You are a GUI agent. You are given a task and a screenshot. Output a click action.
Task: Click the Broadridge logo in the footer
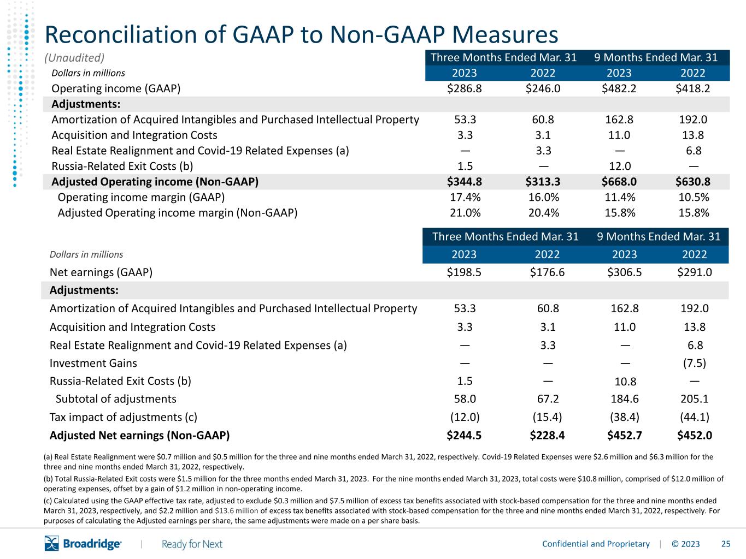tap(83, 544)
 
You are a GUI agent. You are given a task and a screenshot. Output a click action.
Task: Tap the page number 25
tap(726, 544)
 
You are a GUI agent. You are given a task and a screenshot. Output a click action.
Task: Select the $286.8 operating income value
tap(464, 88)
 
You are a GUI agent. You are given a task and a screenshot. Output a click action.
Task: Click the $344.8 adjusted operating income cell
tap(464, 182)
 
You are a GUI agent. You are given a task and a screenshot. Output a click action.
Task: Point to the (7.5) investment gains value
tap(694, 363)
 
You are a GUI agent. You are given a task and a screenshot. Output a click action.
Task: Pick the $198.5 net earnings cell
tap(464, 272)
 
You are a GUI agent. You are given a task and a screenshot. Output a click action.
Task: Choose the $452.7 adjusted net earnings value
tap(624, 435)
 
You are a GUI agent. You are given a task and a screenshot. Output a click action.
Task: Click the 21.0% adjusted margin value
tap(465, 213)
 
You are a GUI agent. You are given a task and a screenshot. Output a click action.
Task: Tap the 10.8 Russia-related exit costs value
tap(625, 382)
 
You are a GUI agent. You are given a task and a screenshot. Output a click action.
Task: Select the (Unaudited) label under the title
tap(74, 58)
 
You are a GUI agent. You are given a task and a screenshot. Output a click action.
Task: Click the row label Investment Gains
tap(93, 363)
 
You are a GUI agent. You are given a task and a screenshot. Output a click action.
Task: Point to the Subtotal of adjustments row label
tap(116, 399)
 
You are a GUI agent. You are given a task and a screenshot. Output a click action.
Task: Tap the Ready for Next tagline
tap(192, 544)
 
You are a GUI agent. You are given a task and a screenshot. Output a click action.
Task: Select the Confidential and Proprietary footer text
tap(596, 544)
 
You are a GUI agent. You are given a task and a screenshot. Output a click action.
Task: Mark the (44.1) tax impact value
tap(694, 417)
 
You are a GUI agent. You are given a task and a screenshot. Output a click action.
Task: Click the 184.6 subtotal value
tap(625, 399)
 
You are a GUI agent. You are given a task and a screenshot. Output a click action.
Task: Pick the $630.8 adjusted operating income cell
tap(692, 182)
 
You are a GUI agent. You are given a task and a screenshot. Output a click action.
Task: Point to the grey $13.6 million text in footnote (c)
tap(236, 510)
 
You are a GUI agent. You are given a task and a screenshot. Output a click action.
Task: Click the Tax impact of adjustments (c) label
tap(124, 417)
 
